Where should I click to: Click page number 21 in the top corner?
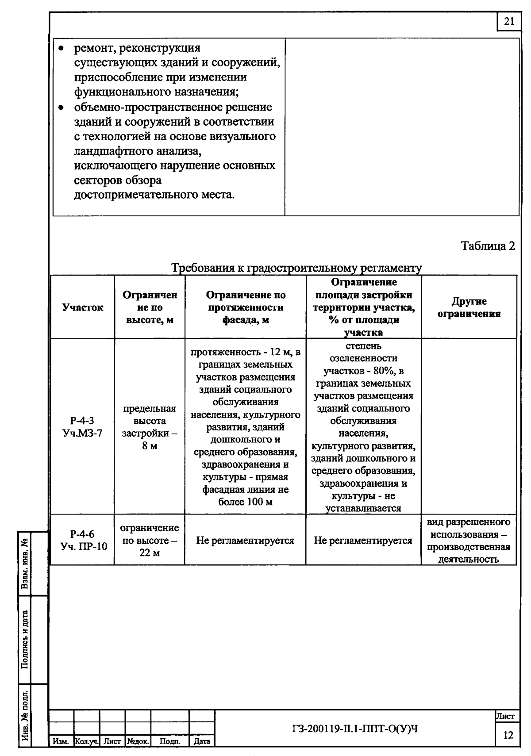(x=509, y=22)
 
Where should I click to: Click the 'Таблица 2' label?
(x=488, y=246)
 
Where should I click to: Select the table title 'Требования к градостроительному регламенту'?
(x=296, y=268)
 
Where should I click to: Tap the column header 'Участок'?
(x=83, y=307)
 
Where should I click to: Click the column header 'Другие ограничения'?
(x=469, y=307)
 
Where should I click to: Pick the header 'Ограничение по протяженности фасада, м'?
(x=246, y=307)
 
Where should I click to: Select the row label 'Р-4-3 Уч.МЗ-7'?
(x=83, y=427)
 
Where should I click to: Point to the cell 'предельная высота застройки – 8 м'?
(x=150, y=427)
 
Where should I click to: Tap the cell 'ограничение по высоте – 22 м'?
(x=150, y=540)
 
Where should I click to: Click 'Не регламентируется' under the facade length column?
(x=245, y=541)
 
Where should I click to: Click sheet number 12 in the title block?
(x=508, y=735)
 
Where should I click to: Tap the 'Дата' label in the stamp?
(x=202, y=741)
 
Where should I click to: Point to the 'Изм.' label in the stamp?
(x=60, y=741)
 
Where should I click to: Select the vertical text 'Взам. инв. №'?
(x=25, y=563)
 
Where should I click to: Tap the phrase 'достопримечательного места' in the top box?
(x=154, y=194)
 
